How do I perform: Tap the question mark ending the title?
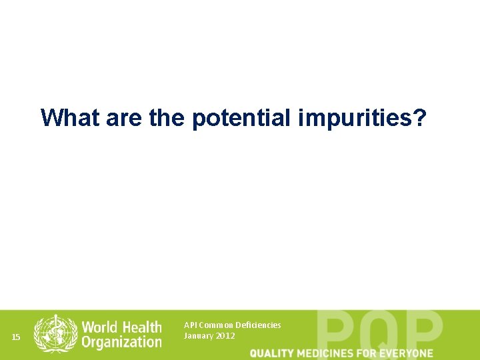419,118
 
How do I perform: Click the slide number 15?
17,337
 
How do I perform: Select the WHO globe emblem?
55,333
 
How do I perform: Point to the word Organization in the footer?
121,342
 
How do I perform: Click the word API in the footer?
190,325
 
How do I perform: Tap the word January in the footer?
198,336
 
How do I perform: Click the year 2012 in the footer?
225,336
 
